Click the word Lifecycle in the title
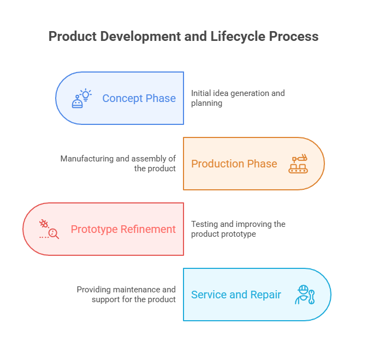[238, 37]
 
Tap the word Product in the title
[73, 37]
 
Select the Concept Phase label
[139, 98]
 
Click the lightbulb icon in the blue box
[82, 98]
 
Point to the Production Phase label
[234, 164]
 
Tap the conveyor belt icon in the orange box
[298, 164]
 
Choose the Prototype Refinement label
[123, 229]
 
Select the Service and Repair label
[236, 295]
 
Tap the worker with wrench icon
[305, 295]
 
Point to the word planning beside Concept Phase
[206, 103]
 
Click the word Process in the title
[293, 37]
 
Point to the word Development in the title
[140, 37]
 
